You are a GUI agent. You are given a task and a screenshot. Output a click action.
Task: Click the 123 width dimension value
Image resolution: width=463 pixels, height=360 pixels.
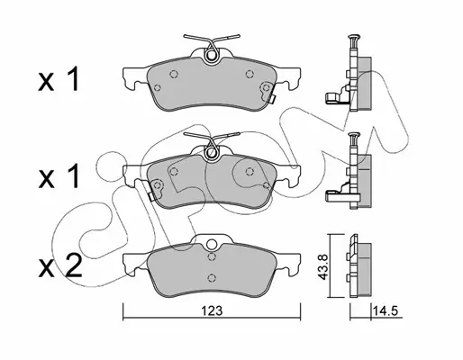click(212, 311)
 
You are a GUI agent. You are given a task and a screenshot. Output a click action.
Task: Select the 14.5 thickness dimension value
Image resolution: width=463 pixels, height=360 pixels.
click(385, 311)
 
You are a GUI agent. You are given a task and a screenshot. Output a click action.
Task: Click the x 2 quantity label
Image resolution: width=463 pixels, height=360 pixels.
click(60, 265)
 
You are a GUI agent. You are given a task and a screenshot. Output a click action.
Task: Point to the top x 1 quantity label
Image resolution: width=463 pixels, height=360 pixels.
click(59, 79)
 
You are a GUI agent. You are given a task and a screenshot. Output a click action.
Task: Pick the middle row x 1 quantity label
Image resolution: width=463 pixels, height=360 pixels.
click(59, 176)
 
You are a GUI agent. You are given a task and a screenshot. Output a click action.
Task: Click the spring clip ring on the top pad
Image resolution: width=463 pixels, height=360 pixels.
click(212, 55)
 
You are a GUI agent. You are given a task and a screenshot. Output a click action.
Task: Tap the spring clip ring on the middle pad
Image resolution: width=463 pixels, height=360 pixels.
click(212, 153)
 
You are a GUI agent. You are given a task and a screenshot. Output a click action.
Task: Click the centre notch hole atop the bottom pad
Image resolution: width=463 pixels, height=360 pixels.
click(212, 244)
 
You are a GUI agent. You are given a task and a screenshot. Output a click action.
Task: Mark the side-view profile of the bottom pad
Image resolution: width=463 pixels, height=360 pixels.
click(360, 265)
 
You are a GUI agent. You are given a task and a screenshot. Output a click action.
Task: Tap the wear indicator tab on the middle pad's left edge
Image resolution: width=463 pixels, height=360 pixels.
click(152, 196)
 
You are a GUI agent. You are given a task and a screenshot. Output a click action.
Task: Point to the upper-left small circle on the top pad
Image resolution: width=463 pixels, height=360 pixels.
click(174, 74)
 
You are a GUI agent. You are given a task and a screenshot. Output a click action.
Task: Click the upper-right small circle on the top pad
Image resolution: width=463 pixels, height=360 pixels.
click(250, 74)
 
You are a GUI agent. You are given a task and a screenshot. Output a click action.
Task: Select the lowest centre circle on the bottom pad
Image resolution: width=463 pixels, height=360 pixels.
click(212, 276)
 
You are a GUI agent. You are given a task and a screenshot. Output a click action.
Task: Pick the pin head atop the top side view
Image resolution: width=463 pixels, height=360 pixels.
click(353, 37)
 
